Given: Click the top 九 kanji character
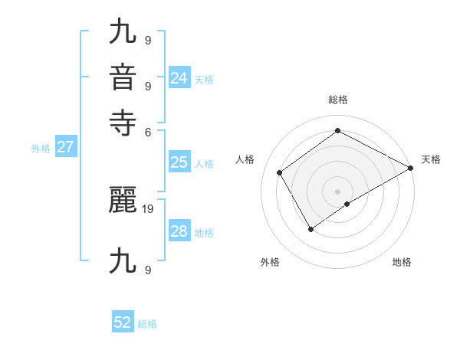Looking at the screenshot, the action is (x=123, y=33).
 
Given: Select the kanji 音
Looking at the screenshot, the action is (x=123, y=78).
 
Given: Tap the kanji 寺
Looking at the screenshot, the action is (x=123, y=123).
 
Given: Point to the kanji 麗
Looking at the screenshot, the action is (x=123, y=201).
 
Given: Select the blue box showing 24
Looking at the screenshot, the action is (x=179, y=77).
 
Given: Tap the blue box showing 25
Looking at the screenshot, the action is (x=179, y=162).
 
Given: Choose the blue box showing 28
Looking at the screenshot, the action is (x=179, y=231).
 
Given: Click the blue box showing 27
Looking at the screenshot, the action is (x=65, y=147).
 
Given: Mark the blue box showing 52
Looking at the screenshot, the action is (x=123, y=322).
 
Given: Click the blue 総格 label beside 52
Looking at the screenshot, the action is (x=147, y=324).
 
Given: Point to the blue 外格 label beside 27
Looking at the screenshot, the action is (x=41, y=149).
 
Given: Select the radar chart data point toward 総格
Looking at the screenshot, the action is (x=337, y=131).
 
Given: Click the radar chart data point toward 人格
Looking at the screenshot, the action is (x=280, y=172).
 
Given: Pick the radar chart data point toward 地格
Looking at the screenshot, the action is (x=347, y=204).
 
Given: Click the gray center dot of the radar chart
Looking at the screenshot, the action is (x=337, y=191).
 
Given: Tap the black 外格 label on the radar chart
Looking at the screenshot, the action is (x=270, y=262).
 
